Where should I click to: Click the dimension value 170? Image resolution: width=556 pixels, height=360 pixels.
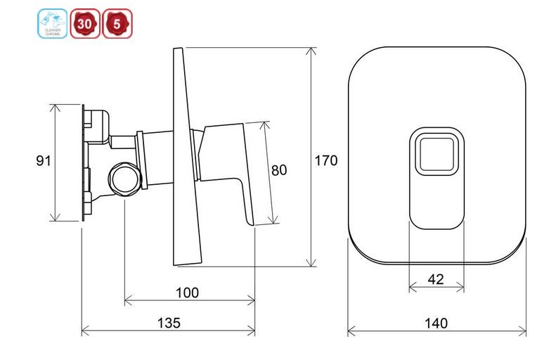click(325, 160)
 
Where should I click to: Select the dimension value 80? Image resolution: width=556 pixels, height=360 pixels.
click(279, 169)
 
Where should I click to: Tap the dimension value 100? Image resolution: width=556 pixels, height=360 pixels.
click(187, 292)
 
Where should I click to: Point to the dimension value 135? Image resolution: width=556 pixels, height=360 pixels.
click(168, 323)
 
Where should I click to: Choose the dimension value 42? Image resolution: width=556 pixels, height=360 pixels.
click(436, 278)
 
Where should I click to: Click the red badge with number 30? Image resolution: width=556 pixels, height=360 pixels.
click(84, 24)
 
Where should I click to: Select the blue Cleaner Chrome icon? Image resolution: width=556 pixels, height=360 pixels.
click(53, 24)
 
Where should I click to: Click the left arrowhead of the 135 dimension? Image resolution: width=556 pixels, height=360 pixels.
click(85, 330)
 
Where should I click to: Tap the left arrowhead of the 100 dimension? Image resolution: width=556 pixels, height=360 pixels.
click(127, 300)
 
